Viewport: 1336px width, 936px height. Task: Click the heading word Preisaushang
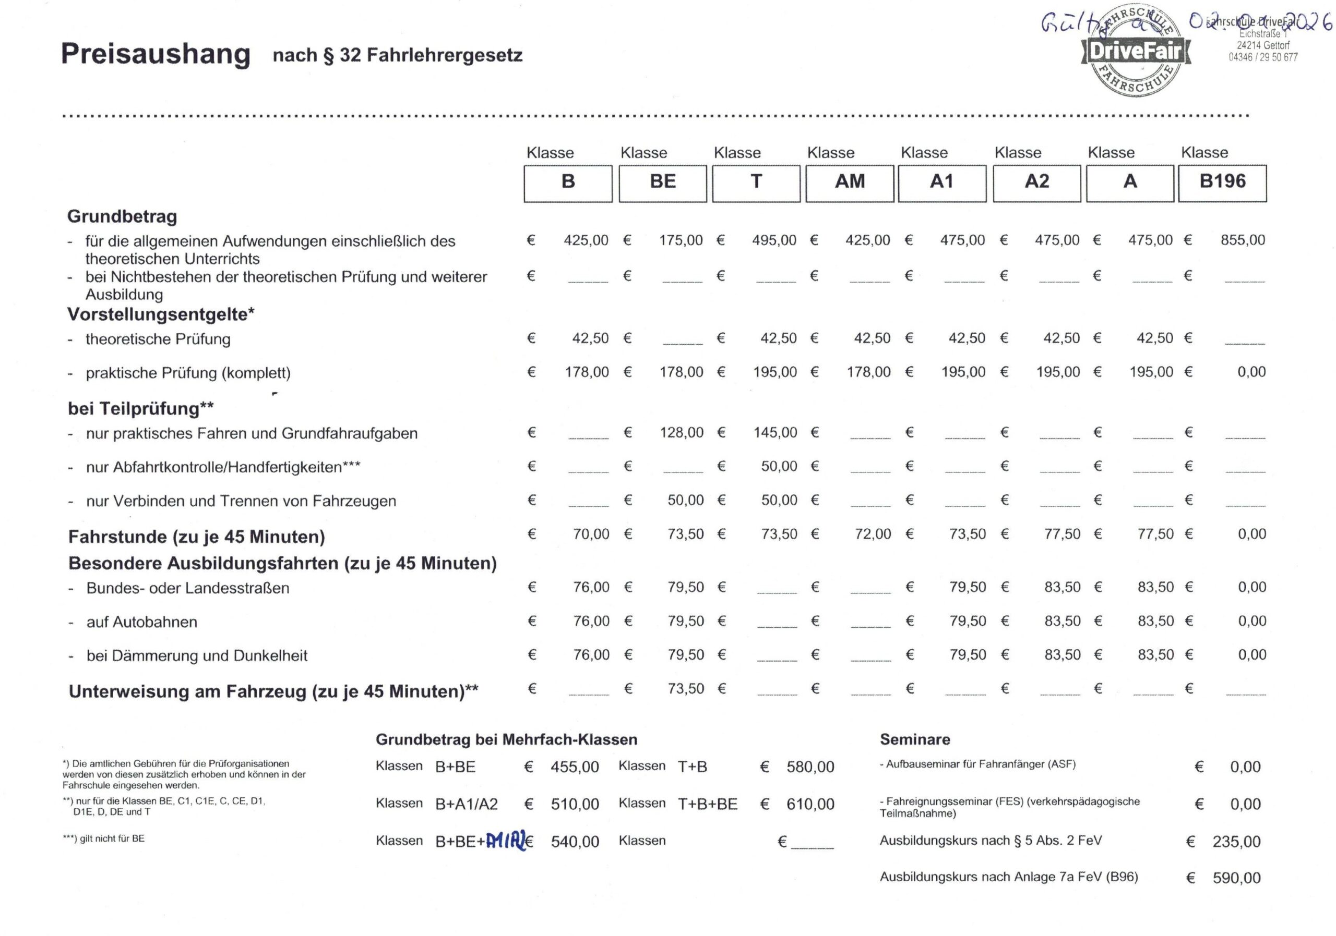[x=156, y=54]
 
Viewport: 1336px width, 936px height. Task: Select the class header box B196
[x=1223, y=182]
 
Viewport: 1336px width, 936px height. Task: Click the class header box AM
[x=850, y=182]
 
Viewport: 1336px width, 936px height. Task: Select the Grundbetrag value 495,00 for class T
[x=774, y=240]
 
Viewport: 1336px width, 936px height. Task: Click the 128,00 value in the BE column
[x=682, y=432]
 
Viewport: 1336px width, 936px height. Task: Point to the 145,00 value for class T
[x=775, y=432]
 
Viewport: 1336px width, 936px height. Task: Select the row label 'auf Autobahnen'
[x=141, y=622]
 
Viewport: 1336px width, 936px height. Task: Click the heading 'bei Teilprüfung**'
[x=140, y=409]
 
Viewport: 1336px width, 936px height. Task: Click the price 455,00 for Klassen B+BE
[x=574, y=767]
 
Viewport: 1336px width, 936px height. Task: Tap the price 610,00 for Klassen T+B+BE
[x=810, y=804]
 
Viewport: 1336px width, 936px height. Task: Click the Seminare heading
[x=915, y=739]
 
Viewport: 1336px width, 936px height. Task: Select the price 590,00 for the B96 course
[x=1236, y=878]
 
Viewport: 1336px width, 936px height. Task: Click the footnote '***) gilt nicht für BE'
[x=103, y=838]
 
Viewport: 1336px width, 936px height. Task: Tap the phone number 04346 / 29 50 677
[x=1263, y=57]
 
